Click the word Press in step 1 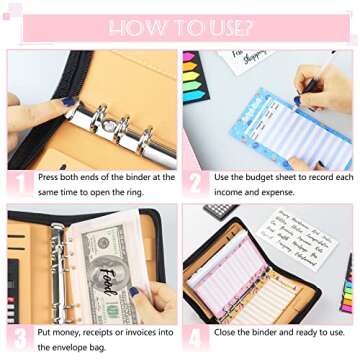point(50,177)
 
